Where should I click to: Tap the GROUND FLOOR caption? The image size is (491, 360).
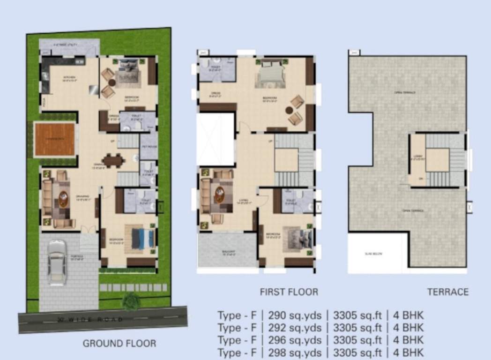[x=119, y=344]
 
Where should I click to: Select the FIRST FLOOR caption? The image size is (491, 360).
[x=289, y=292]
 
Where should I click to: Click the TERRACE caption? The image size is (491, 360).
[x=447, y=292]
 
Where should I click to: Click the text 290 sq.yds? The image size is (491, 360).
[x=295, y=315]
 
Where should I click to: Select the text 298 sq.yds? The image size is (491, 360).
[x=295, y=352]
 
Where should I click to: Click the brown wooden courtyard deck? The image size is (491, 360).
[x=55, y=139]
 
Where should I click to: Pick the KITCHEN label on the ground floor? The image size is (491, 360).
[x=57, y=78]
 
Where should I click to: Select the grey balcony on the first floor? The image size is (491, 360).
[x=228, y=250]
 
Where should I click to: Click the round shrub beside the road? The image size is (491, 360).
[x=131, y=300]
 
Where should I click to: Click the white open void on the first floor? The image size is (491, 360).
[x=215, y=139]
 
